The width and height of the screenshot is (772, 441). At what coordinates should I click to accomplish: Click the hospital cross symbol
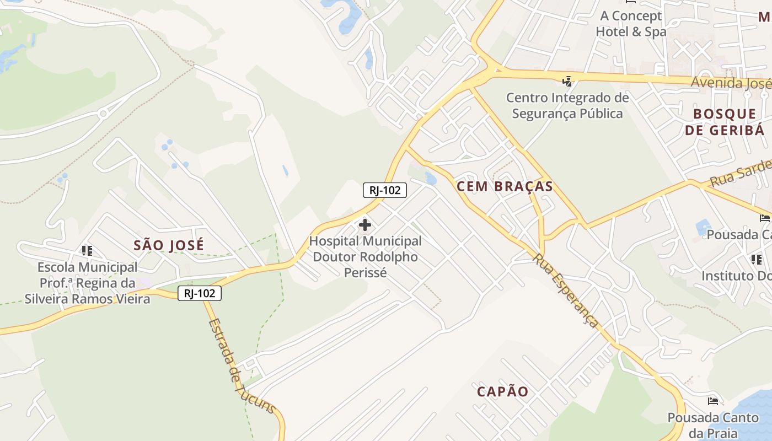tap(364, 225)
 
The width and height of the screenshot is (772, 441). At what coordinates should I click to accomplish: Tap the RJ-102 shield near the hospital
tap(384, 190)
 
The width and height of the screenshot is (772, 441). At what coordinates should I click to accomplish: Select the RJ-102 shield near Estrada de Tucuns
tap(200, 293)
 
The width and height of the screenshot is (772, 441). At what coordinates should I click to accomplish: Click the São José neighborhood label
tap(169, 245)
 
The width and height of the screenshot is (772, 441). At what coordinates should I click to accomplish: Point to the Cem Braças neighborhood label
tap(505, 186)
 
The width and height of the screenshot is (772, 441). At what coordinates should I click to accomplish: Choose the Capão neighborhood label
tap(502, 392)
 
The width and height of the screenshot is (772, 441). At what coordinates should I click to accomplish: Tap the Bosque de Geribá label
tap(725, 122)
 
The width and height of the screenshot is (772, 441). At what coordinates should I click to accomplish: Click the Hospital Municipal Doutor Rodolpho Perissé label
tap(365, 257)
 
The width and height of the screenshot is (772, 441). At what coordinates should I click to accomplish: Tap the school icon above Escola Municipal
tap(87, 251)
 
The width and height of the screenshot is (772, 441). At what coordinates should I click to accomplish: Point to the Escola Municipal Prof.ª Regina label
tap(87, 283)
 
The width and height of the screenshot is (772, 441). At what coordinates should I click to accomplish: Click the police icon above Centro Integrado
tap(567, 82)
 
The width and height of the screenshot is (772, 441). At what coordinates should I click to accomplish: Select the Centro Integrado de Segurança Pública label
tap(567, 106)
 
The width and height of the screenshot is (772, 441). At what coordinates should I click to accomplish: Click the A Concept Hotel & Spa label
tap(631, 24)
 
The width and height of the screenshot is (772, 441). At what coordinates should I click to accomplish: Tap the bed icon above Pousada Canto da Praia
tap(713, 401)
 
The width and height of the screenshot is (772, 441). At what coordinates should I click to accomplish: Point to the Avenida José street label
tap(731, 83)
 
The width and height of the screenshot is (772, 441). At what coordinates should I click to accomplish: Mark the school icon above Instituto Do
tap(756, 259)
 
